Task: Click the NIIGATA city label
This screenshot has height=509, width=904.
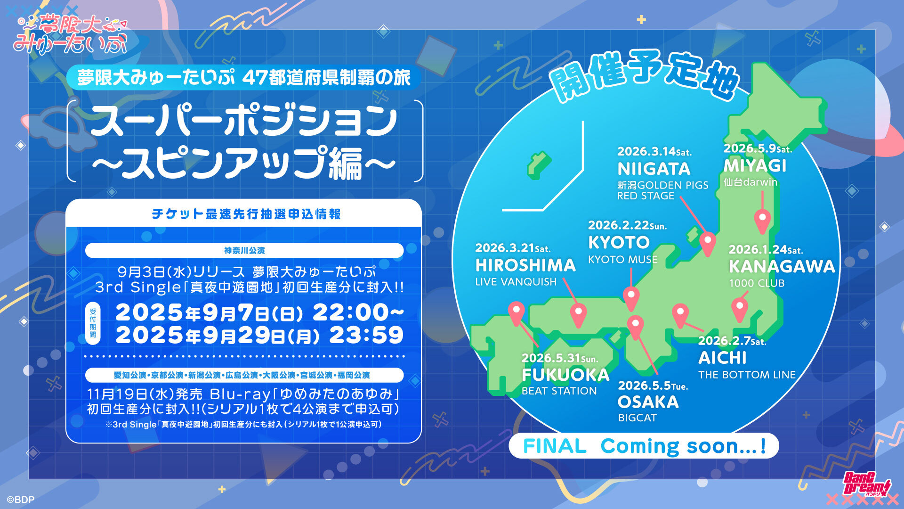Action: pyautogui.click(x=654, y=169)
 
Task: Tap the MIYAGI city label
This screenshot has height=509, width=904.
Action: pyautogui.click(x=755, y=166)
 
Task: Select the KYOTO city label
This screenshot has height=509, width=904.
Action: pyautogui.click(x=619, y=243)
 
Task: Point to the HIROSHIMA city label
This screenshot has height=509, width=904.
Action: pyautogui.click(x=525, y=265)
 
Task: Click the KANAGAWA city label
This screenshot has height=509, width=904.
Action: pyautogui.click(x=782, y=267)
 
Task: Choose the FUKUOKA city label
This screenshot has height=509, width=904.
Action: pyautogui.click(x=565, y=375)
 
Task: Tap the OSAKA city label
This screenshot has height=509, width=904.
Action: pyautogui.click(x=648, y=402)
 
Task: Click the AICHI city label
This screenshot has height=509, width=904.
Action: pyautogui.click(x=722, y=358)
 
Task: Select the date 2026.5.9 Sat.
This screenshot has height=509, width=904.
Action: pyautogui.click(x=758, y=148)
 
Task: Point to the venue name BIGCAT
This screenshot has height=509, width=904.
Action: pyautogui.click(x=637, y=418)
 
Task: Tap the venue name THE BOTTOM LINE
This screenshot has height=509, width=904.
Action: pyautogui.click(x=747, y=375)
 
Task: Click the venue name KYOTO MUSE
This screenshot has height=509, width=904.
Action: pyautogui.click(x=622, y=259)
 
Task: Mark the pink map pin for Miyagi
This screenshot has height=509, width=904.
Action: pyautogui.click(x=762, y=221)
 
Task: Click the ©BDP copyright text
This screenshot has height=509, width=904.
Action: pyautogui.click(x=20, y=500)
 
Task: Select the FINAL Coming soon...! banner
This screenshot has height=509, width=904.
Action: pyautogui.click(x=644, y=446)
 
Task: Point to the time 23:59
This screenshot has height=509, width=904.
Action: pyautogui.click(x=366, y=336)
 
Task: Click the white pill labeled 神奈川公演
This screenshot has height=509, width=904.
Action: pyautogui.click(x=244, y=250)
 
